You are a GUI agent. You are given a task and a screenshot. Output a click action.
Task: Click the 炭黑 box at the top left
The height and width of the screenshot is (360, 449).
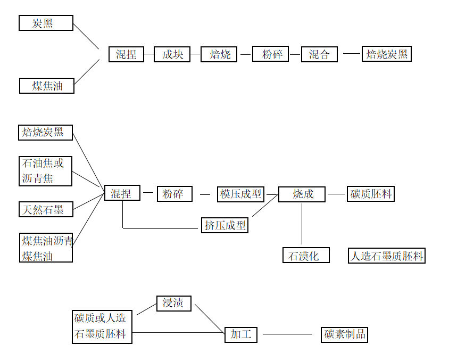click(x=46, y=23)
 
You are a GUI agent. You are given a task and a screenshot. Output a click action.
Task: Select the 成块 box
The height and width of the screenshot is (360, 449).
click(x=172, y=54)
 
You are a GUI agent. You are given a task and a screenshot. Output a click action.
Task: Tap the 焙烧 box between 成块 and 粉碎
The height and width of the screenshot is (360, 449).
click(x=219, y=54)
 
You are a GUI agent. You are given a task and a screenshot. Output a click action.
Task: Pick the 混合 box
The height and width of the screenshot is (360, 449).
click(x=319, y=54)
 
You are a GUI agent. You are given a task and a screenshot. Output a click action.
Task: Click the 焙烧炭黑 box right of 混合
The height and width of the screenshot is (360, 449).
click(x=387, y=54)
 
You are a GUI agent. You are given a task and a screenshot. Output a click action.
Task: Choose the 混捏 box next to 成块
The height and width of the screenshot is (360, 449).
click(x=126, y=54)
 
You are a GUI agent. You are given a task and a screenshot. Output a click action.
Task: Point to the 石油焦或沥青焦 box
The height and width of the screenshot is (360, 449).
click(x=45, y=171)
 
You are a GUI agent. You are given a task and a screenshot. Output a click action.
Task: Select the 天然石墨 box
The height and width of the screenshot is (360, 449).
click(x=45, y=209)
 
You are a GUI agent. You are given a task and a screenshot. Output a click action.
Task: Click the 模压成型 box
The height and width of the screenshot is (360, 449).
click(x=241, y=194)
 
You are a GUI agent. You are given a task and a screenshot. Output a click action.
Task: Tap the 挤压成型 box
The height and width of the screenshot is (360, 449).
click(x=226, y=225)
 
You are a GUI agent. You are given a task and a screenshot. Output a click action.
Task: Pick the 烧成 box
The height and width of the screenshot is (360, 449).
click(x=302, y=194)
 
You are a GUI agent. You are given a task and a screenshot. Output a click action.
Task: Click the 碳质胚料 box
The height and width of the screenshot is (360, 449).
click(x=371, y=194)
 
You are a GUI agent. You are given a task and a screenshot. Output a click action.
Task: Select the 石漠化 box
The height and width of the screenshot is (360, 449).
click(x=306, y=256)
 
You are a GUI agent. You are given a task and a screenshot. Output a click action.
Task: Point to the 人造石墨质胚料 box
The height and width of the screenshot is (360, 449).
click(x=387, y=256)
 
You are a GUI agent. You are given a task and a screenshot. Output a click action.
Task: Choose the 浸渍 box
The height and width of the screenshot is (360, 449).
click(x=173, y=304)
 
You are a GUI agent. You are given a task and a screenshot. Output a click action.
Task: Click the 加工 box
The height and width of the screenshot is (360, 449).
click(x=241, y=334)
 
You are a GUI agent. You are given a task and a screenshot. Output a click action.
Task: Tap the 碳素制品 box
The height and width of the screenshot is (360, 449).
click(x=345, y=334)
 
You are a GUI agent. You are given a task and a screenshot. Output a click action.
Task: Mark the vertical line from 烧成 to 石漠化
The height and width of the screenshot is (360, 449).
click(x=302, y=224)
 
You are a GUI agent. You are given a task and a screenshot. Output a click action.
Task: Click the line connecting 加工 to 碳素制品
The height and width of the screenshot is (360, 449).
click(x=287, y=334)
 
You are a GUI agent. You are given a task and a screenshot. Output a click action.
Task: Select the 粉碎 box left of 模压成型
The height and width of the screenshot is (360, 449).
click(x=174, y=194)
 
